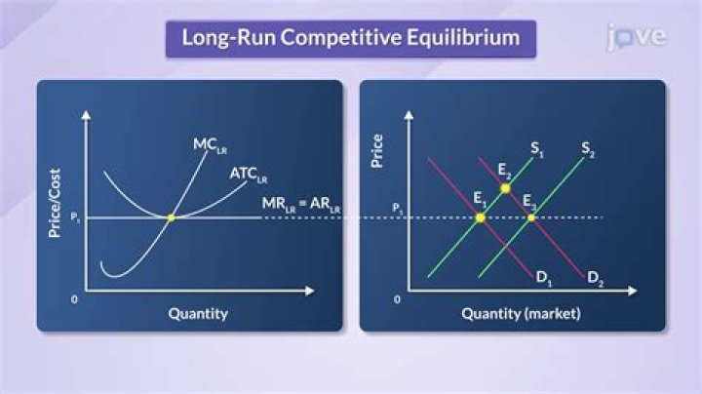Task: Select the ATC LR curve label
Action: (248, 175)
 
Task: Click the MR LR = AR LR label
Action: (301, 204)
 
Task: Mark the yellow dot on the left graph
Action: (171, 217)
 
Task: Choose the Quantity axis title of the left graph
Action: (198, 313)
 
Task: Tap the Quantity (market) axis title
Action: (521, 313)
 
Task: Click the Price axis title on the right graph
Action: (377, 151)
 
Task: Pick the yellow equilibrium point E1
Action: (480, 217)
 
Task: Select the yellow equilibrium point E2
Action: (505, 187)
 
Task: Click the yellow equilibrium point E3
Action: (531, 217)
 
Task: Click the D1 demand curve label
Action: (544, 278)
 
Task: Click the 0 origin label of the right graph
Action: (397, 299)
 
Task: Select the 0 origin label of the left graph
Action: (74, 299)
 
